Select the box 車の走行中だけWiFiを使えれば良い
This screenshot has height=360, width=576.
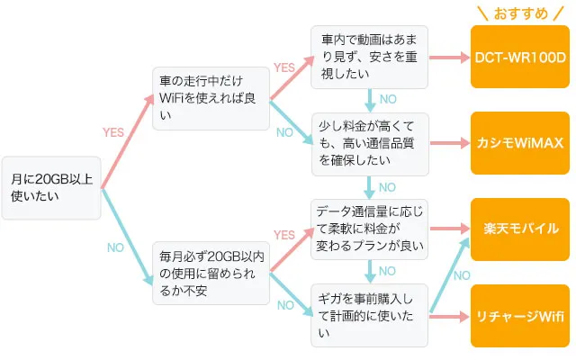point(210,98)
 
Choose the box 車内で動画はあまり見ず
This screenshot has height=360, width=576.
point(369,57)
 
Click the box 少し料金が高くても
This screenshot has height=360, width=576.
point(369,143)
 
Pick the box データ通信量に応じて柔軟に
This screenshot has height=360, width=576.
point(369,229)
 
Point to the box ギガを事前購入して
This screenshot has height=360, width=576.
point(369,315)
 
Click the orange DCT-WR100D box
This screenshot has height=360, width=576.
point(520,57)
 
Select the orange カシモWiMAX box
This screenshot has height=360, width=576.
point(520,143)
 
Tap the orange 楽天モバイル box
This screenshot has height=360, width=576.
point(520,229)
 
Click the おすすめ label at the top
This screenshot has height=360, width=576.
point(521,13)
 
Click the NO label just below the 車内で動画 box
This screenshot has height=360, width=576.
point(387,101)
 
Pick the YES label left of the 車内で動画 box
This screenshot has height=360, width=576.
point(284,67)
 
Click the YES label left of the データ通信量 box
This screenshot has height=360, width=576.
point(284,235)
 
